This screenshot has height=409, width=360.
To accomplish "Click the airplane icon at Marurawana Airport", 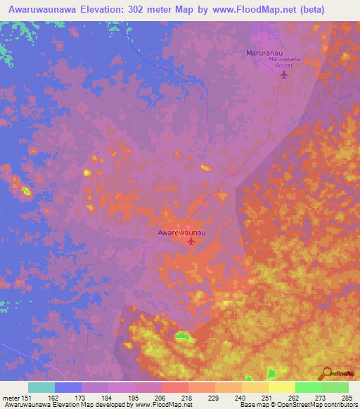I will tap(284, 74).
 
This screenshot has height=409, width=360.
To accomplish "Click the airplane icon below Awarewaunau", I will tap(191, 242).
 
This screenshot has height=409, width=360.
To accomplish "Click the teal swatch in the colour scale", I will tap(41, 387).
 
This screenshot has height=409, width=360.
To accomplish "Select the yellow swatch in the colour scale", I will tap(282, 387).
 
